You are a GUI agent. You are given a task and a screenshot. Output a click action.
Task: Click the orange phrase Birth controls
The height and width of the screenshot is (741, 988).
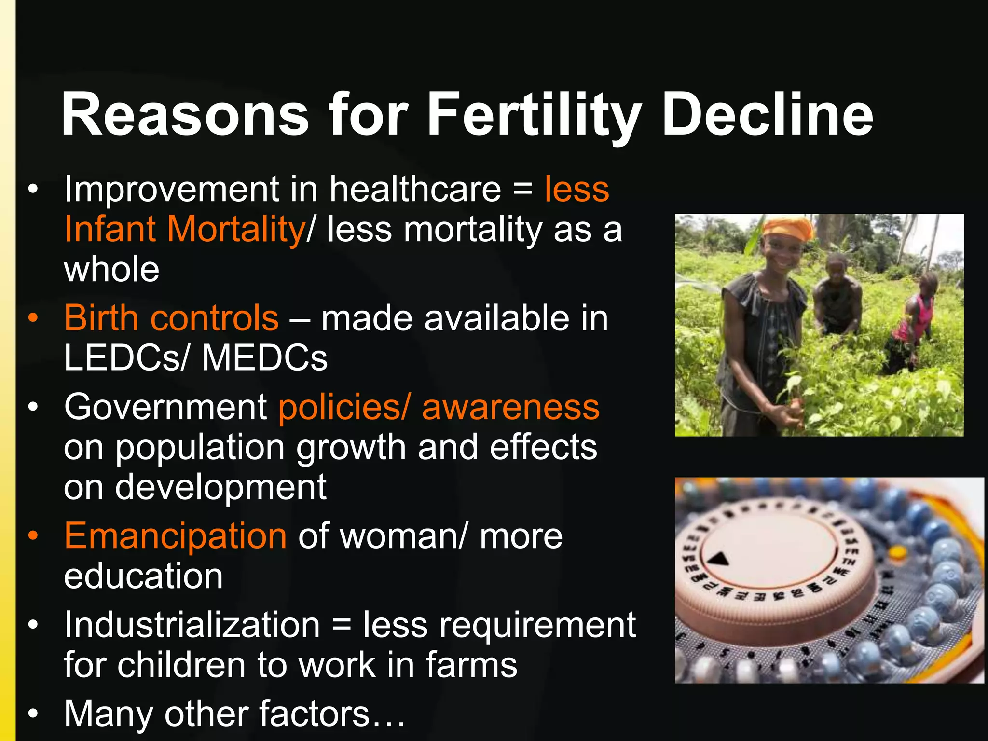click(x=171, y=318)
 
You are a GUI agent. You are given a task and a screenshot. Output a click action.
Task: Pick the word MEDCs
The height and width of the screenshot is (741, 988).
click(x=265, y=358)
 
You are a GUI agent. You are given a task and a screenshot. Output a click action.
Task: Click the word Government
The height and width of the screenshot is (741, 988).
click(x=165, y=407)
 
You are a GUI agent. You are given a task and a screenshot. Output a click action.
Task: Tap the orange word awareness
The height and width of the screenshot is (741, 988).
click(x=510, y=407)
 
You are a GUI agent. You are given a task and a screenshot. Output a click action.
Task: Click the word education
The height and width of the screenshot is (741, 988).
click(x=143, y=576)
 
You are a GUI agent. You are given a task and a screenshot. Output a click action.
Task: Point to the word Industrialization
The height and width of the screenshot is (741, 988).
click(x=192, y=625)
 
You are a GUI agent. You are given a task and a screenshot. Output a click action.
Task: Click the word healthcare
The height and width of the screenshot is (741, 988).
click(x=415, y=189)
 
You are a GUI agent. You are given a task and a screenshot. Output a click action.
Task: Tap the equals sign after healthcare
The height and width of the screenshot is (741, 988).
click(x=523, y=189)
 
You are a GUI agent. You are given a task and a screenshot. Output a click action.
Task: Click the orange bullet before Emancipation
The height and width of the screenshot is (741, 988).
click(x=33, y=536)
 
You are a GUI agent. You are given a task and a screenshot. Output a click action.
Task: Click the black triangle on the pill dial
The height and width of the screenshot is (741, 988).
click(x=719, y=560)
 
